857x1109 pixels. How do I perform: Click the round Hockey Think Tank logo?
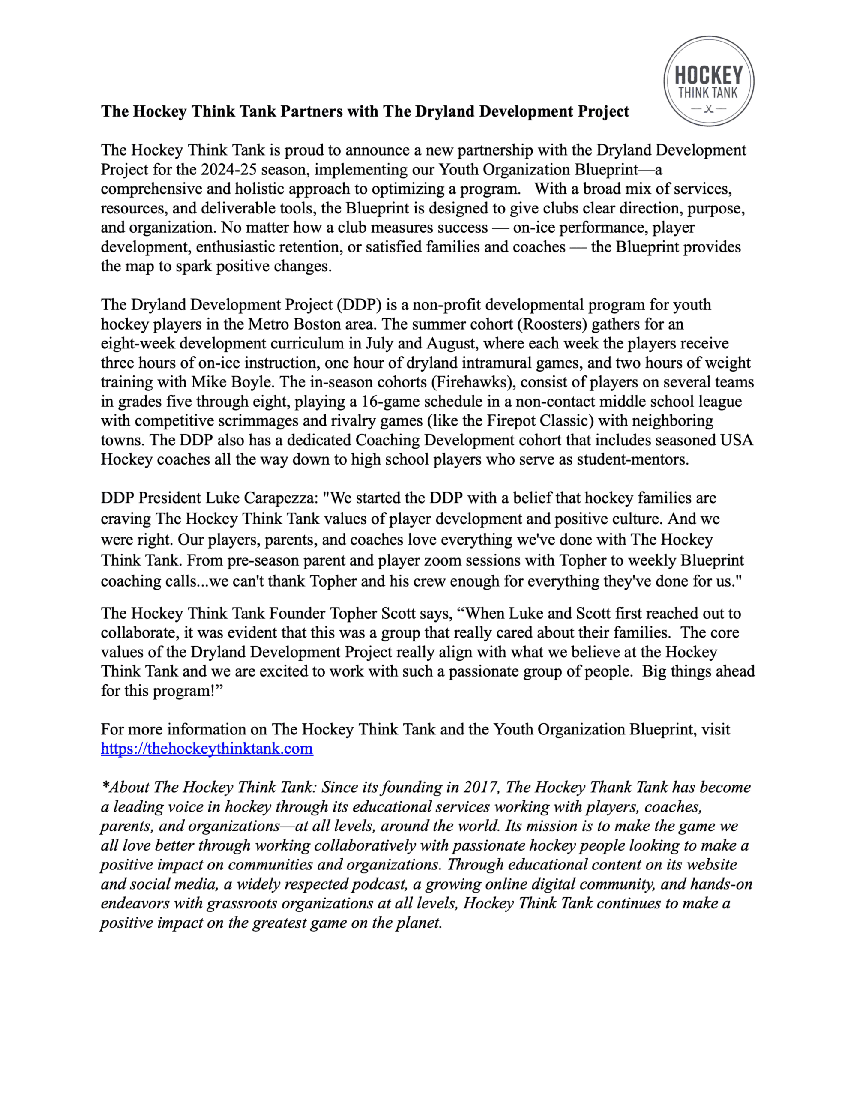[x=708, y=81]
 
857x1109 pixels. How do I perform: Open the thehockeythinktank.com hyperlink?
[x=207, y=749]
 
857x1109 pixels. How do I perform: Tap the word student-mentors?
[x=632, y=459]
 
